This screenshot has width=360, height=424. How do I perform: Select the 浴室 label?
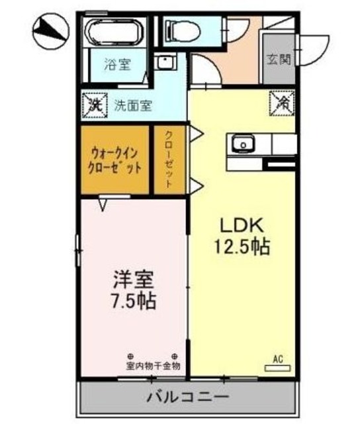[x=118, y=64]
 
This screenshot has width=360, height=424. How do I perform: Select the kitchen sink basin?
[x=242, y=143]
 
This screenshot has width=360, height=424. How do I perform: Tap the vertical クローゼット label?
[x=169, y=160]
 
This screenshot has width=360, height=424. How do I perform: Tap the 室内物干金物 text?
[x=153, y=365]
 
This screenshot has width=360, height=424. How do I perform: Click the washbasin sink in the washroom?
[x=163, y=64]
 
